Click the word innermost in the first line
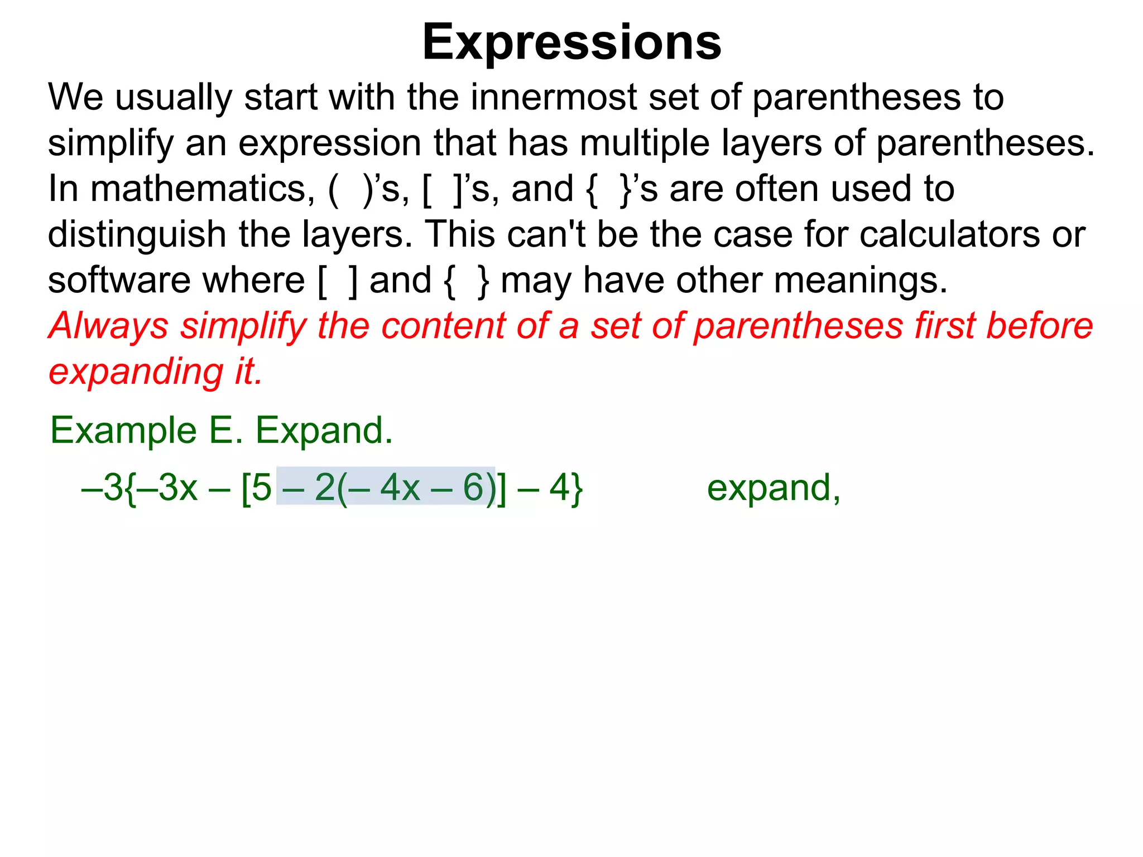pos(553,97)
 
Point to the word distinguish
pos(137,234)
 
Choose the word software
pos(119,280)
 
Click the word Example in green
pos(123,431)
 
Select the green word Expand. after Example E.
pos(324,431)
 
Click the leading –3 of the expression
pos(103,488)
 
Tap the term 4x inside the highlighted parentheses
pos(400,488)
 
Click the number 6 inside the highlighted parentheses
pos(473,488)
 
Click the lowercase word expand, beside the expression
pos(773,489)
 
